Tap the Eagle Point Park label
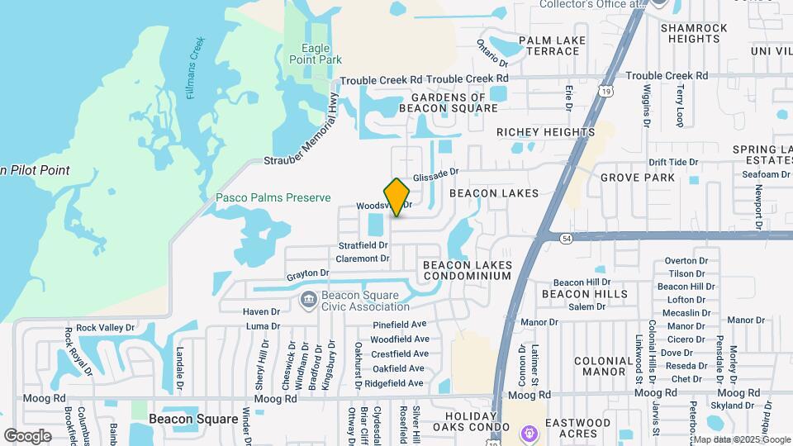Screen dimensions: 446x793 pos(316,54)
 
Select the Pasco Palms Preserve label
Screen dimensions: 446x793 pos(273,198)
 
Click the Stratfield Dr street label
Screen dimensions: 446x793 pos(363,245)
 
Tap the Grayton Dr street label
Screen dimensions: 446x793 pos(308,273)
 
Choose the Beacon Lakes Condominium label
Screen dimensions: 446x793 pos(467,270)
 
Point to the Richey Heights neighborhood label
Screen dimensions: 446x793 pos(545,132)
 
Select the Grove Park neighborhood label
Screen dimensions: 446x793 pos(638,178)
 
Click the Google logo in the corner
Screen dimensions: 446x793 pos(27,435)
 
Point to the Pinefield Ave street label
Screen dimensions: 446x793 pos(399,325)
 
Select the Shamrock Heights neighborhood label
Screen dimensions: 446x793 pos(694,33)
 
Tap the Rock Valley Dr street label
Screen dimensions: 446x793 pos(104,328)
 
